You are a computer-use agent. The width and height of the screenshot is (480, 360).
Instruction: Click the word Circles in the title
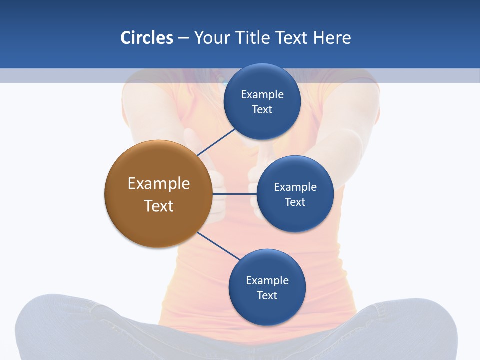[147, 38]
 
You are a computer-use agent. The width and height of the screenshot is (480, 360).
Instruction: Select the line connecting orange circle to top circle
[216, 142]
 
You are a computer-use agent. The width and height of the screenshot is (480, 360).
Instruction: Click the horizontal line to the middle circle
[234, 194]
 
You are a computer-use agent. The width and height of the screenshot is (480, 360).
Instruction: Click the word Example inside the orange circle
[158, 184]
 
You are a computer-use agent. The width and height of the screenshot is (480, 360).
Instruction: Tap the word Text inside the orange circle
[158, 206]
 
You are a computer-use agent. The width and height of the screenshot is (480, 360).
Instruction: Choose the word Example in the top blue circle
[262, 95]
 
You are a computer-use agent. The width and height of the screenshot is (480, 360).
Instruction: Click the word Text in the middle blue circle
[295, 202]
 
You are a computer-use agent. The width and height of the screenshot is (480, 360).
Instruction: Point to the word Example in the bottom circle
[267, 281]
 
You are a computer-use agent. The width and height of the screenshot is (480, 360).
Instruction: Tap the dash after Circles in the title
[183, 38]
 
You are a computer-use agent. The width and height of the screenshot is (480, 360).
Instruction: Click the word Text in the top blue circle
[262, 110]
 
